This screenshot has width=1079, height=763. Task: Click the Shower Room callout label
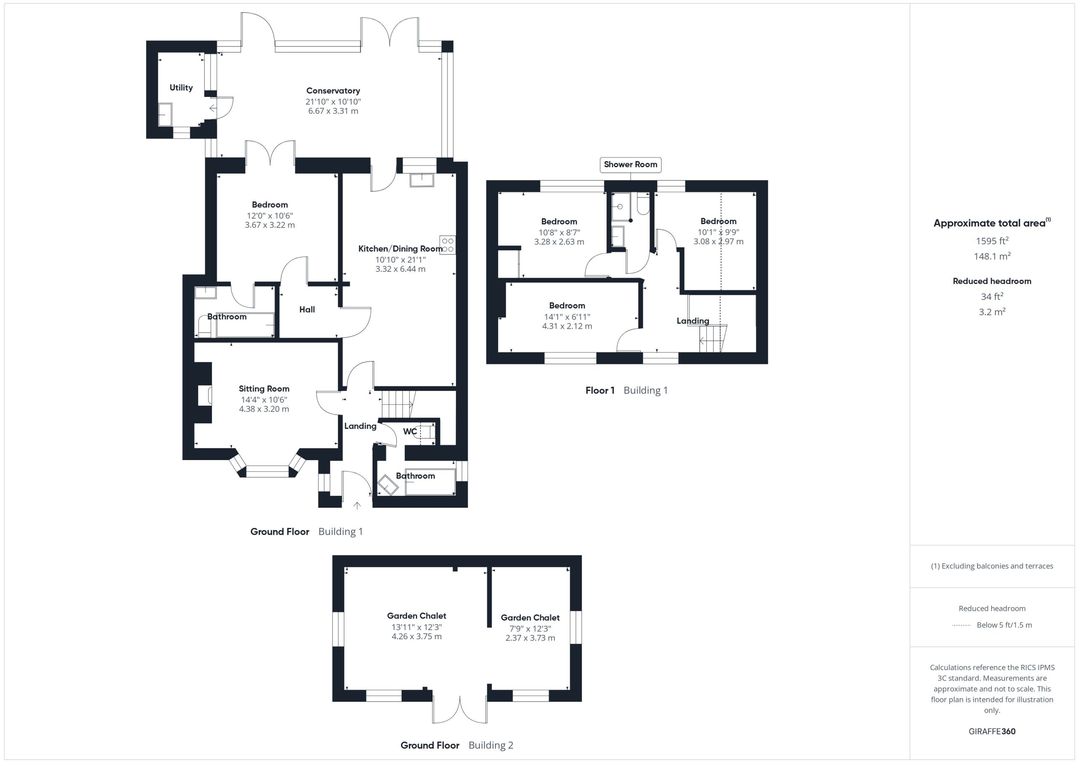tap(630, 164)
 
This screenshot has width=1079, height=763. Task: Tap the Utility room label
tap(181, 87)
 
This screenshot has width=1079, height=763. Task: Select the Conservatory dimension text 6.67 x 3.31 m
tap(333, 111)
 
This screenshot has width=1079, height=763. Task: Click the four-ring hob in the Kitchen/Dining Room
tap(447, 245)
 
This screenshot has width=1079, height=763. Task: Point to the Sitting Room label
tap(264, 388)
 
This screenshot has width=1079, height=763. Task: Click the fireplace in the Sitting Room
tap(204, 396)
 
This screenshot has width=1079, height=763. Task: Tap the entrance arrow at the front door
tap(357, 505)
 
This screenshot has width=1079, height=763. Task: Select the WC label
tap(410, 431)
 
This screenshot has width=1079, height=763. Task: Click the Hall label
tap(307, 309)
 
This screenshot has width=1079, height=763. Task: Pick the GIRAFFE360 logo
tap(992, 731)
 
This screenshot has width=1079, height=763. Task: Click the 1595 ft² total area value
tap(992, 241)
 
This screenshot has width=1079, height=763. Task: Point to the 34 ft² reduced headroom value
tap(992, 296)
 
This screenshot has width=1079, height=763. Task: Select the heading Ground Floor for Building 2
tap(430, 745)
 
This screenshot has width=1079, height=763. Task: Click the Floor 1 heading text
tap(600, 390)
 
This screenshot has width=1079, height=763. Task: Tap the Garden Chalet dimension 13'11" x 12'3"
tap(417, 627)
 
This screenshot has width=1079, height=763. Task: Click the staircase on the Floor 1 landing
tap(712, 338)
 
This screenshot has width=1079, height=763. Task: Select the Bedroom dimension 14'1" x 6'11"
tap(567, 317)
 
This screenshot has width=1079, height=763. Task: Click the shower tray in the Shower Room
tap(621, 207)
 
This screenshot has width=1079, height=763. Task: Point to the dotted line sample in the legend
tap(961, 625)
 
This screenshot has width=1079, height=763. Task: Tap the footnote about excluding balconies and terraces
tap(992, 566)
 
